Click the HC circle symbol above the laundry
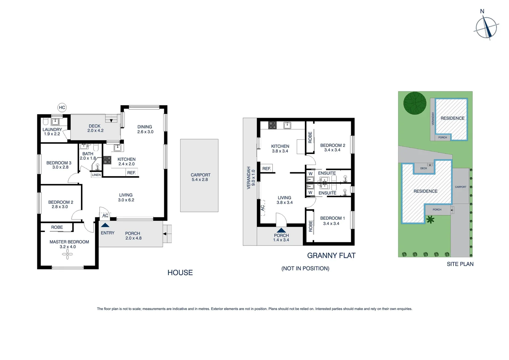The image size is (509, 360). coord(62,107)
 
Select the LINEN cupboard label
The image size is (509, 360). coord(96,175)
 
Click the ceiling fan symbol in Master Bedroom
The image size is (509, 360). coord(68,255)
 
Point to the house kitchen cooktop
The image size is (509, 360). coord(107,160)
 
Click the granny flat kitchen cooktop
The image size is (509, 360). coord(272,125)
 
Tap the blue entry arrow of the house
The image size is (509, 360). coord(105,225)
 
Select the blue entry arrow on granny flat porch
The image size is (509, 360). coord(281,230)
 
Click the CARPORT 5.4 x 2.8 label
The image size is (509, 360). coord(200,177)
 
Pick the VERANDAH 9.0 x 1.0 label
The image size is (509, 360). coord(251,178)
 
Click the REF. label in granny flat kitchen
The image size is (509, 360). coord(266,169)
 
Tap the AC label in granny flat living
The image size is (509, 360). coord(262,207)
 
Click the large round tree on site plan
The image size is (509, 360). coord(415,103)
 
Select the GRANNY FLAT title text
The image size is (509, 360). coord(331,256)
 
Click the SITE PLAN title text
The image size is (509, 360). coord(460,264)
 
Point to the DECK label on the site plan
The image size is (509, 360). coord(423,168)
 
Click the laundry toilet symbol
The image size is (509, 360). coord(46,122)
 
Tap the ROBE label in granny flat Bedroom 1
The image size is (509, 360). coord(310,226)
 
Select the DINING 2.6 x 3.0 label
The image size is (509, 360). coord(145,129)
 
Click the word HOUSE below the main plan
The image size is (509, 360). coord(180,273)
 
